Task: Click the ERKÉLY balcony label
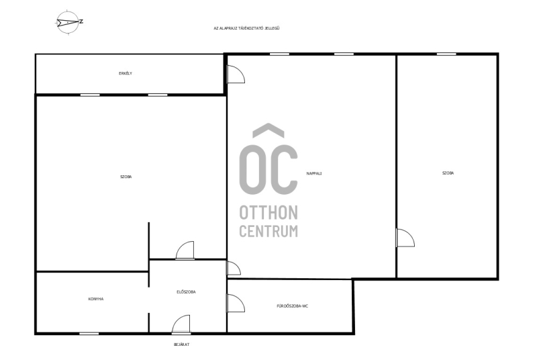[x=126, y=73]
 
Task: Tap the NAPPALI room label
[x=314, y=174]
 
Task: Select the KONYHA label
[x=96, y=299]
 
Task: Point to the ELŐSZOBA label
[x=186, y=292]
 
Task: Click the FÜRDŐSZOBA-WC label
[x=293, y=306]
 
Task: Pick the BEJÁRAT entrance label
[x=181, y=345]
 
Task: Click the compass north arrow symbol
[x=68, y=23]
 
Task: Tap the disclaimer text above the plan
[x=246, y=28]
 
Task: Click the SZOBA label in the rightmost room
[x=448, y=173]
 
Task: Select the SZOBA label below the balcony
[x=126, y=177]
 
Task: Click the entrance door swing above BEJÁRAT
[x=181, y=324]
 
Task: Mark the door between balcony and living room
[x=236, y=74]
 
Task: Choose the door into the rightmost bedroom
[x=405, y=238]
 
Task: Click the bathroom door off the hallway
[x=236, y=303]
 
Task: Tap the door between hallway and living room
[x=234, y=268]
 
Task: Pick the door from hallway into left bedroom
[x=185, y=251]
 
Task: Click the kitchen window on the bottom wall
[x=89, y=333]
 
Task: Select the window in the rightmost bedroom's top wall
[x=446, y=54]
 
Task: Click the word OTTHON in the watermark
[x=268, y=213]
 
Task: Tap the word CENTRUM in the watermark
[x=268, y=231]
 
